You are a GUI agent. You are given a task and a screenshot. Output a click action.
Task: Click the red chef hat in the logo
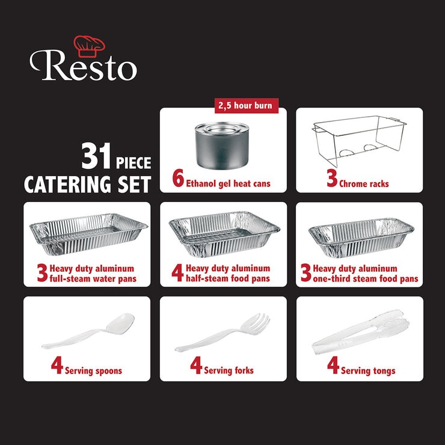(x=89, y=46)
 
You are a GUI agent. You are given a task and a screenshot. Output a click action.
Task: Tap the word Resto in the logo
(x=83, y=66)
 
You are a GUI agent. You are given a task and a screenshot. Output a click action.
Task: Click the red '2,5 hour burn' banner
(x=247, y=106)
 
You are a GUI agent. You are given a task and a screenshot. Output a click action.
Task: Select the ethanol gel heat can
(x=222, y=145)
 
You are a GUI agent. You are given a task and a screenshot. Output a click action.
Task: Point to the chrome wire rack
(x=359, y=141)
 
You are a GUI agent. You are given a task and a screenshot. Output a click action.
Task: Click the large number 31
(x=96, y=156)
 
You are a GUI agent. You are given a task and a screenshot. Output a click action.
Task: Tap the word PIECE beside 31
(x=133, y=163)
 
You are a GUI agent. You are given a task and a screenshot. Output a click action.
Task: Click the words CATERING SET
(x=87, y=185)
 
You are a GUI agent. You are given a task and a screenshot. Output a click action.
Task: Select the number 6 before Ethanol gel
(x=178, y=178)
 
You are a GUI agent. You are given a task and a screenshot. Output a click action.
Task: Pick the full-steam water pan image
(x=88, y=234)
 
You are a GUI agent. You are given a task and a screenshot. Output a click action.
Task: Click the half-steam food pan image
(x=224, y=234)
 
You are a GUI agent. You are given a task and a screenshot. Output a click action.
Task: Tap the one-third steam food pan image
(x=361, y=238)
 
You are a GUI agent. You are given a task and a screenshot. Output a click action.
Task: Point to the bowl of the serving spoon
(x=121, y=324)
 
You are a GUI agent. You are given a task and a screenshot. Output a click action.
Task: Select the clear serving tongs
(x=360, y=332)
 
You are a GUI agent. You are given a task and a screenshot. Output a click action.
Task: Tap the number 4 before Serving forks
(x=196, y=365)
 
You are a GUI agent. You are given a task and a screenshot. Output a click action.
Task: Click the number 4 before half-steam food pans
(x=177, y=273)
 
